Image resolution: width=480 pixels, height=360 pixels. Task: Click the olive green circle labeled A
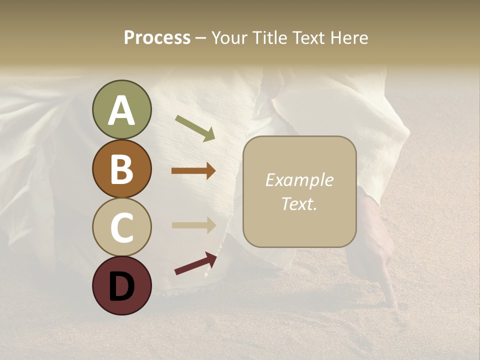tap(121, 109)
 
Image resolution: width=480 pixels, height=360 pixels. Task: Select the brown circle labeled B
tap(121, 168)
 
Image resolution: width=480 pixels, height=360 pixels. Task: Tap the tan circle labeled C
tap(121, 227)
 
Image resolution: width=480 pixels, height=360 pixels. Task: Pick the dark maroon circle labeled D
tap(121, 285)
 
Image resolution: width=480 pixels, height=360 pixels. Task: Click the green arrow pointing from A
tap(195, 127)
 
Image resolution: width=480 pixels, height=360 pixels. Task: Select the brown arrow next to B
tap(193, 171)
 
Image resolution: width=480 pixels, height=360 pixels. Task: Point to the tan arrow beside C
tap(193, 224)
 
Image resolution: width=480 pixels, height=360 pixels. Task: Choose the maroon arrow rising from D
tap(195, 263)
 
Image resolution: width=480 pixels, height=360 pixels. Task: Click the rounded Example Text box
tap(299, 191)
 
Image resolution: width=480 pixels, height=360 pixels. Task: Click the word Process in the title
tap(157, 37)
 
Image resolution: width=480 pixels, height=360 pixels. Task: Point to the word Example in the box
tap(299, 180)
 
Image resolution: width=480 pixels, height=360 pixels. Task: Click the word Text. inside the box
tap(299, 203)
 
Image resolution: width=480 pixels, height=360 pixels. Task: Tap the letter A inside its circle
tap(121, 110)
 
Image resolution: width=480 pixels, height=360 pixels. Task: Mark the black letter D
tap(121, 286)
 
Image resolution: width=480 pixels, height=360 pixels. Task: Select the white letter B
tap(121, 169)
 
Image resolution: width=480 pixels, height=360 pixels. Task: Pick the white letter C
tap(121, 227)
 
